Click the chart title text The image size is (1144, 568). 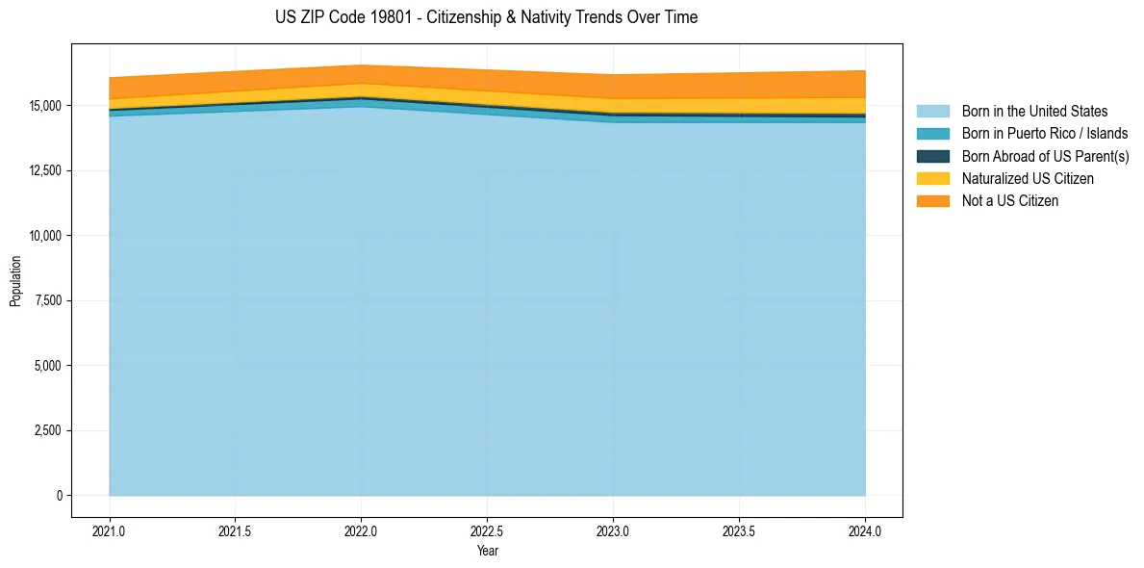click(486, 17)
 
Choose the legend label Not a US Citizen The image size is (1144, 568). click(1010, 201)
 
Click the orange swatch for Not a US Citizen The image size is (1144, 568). click(932, 201)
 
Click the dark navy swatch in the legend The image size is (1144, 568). click(932, 156)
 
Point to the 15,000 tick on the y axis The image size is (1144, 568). click(45, 106)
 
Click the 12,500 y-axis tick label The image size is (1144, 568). click(45, 170)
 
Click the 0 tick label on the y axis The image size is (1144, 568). click(59, 496)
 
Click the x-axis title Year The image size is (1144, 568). click(487, 551)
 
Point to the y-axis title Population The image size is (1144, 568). click(15, 281)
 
